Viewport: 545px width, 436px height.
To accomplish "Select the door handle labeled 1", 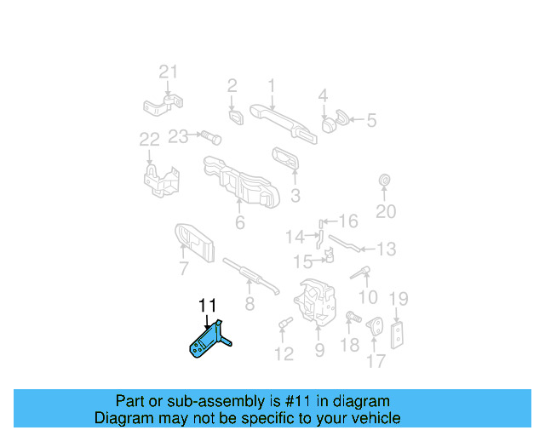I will pyautogui.click(x=282, y=120).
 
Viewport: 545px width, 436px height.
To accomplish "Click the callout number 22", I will pyautogui.click(x=149, y=139).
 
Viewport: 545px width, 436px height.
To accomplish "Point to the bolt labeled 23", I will pyautogui.click(x=210, y=136).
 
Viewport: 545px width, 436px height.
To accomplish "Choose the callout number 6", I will pyautogui.click(x=239, y=224).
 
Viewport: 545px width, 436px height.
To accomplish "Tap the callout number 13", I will pyautogui.click(x=386, y=250).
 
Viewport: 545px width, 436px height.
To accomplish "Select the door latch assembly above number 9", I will pyautogui.click(x=316, y=303).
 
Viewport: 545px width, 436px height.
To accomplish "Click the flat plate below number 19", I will pyautogui.click(x=397, y=335).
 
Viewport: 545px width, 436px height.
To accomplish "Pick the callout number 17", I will pyautogui.click(x=376, y=361).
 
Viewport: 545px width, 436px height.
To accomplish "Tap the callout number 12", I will pyautogui.click(x=284, y=353).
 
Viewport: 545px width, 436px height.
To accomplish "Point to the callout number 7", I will pyautogui.click(x=183, y=270).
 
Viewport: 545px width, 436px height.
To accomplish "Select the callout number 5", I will pyautogui.click(x=371, y=121).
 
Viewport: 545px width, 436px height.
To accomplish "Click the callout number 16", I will pyautogui.click(x=348, y=220).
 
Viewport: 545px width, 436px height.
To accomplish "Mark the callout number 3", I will pyautogui.click(x=295, y=197).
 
